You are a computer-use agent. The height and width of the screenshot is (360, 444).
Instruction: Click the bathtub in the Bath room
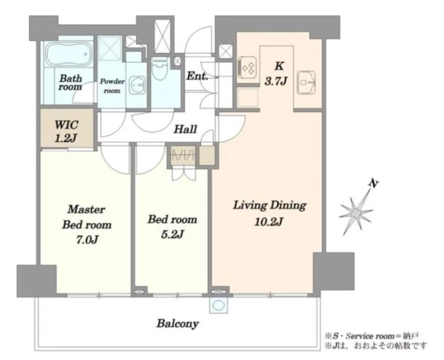coord(69,54)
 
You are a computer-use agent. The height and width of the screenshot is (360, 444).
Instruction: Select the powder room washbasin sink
coord(138,85)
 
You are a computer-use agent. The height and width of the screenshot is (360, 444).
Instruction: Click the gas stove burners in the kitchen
coord(247,67)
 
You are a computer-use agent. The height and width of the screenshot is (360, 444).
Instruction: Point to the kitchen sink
coord(306,83)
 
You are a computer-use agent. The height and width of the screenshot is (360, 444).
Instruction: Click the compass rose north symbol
coord(356,211)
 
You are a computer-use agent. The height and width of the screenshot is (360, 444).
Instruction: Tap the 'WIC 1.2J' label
coord(66,131)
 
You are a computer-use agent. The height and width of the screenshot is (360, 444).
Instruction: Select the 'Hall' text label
coord(185,129)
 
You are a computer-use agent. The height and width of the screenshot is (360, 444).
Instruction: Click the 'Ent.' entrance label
coord(198,76)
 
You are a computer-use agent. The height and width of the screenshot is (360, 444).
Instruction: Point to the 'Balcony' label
coord(178,324)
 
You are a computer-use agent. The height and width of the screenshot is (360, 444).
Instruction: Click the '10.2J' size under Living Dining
coord(269,221)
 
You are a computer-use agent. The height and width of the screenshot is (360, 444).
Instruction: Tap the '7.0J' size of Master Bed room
coord(87,240)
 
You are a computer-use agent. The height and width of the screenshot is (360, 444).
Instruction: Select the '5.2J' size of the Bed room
coord(172,234)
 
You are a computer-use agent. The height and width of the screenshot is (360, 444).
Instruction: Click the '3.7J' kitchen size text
coord(276,81)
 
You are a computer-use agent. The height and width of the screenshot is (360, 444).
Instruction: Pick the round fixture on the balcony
coord(218,306)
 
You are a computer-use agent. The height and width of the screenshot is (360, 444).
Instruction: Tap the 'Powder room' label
coord(112,86)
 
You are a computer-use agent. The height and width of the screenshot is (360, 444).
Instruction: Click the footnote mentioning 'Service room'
coord(371,336)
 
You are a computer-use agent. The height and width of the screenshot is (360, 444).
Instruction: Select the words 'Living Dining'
coord(270,205)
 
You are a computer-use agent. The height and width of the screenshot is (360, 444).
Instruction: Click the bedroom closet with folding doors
coord(183,156)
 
